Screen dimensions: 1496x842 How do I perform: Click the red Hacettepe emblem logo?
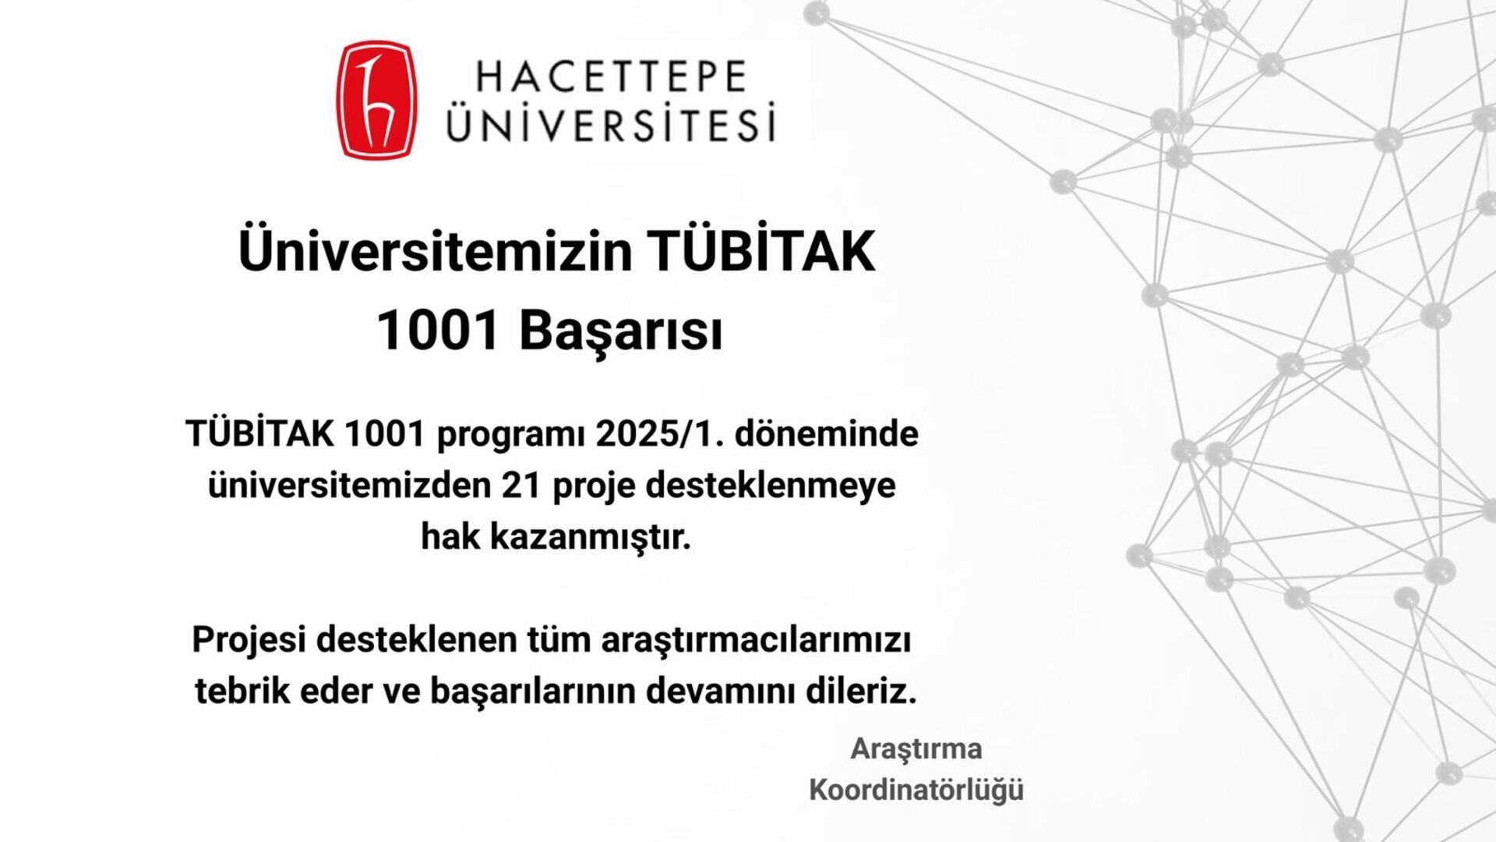(376, 101)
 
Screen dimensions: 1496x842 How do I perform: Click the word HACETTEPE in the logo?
(612, 77)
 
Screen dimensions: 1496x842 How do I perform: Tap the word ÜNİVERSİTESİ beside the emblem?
(612, 122)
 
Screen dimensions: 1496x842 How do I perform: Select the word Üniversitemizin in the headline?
(435, 251)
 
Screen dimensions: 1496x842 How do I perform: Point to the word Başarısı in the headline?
(621, 331)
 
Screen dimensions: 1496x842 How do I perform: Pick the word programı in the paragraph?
(510, 435)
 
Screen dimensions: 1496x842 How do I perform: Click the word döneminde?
(827, 433)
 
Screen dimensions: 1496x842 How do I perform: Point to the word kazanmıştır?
(591, 536)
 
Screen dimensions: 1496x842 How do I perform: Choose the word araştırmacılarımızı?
(756, 641)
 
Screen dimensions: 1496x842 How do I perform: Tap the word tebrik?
(242, 691)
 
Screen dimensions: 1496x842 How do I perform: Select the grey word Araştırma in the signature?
(916, 749)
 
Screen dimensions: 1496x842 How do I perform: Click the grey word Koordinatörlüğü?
(916, 790)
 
